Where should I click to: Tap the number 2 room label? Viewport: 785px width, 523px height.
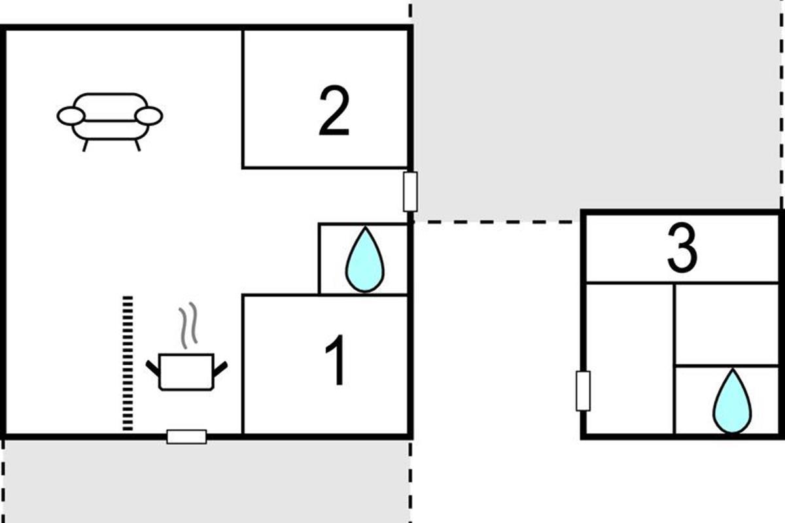pos(334,113)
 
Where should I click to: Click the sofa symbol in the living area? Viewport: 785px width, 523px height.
pos(109,118)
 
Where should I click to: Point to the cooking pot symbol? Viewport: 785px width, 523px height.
pos(186,372)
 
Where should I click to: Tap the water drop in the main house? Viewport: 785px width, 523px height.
pos(364,260)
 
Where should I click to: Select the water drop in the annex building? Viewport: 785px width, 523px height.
pos(732,402)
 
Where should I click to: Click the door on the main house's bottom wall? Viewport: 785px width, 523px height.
pos(186,436)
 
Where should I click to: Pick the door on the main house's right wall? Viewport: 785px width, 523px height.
pos(410,192)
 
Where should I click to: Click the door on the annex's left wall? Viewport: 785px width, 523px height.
pos(583,390)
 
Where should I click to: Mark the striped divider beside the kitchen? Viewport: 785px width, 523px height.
pos(128,363)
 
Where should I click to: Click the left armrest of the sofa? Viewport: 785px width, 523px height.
pos(71,116)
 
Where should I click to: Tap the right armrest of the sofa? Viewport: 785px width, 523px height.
pos(148,116)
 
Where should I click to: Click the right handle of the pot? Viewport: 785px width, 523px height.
pos(220,368)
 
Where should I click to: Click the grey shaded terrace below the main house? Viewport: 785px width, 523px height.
pos(206,481)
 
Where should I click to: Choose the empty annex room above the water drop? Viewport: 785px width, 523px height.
pos(726,324)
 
